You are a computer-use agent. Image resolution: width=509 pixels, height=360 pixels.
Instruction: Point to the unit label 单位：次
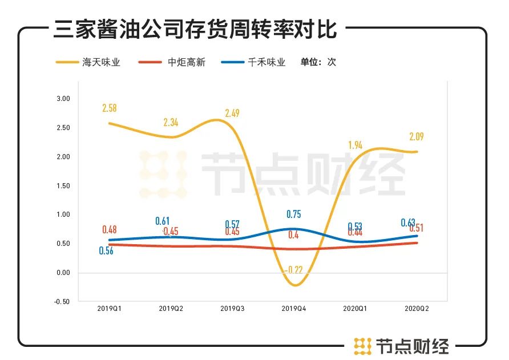tap(318, 62)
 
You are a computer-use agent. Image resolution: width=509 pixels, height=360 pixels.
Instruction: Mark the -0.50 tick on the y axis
tap(62, 302)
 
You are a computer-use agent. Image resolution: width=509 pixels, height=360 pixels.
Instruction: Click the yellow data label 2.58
tap(110, 108)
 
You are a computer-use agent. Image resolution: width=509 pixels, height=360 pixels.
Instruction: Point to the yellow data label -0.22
tap(295, 270)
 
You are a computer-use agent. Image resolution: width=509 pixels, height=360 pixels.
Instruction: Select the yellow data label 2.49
tap(232, 113)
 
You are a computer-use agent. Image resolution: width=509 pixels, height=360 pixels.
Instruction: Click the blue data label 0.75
tap(294, 215)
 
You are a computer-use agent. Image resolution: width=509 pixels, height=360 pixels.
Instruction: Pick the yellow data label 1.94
tap(356, 145)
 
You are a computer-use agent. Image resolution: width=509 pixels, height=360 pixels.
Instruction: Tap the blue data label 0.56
tap(106, 251)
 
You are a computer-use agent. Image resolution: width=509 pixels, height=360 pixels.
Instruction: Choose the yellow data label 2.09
tap(416, 137)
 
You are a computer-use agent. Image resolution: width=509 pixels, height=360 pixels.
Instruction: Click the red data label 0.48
tap(110, 230)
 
